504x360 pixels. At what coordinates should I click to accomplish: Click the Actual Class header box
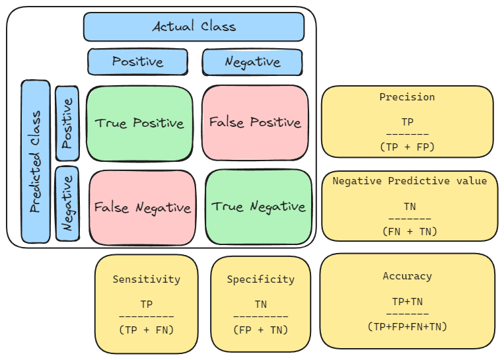coord(194,26)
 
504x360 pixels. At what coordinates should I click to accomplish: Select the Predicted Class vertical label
coord(36,162)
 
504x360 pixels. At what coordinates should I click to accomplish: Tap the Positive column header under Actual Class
coord(137,61)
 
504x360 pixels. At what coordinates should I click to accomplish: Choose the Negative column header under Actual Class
coord(252,62)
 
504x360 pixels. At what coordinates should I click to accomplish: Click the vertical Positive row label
coord(67,124)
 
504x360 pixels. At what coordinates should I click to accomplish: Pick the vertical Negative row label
coord(67,203)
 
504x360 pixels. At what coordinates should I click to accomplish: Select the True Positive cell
coord(140,124)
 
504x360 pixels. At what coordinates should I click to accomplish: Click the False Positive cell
coord(255,123)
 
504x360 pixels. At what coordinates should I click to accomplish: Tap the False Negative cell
coord(143,207)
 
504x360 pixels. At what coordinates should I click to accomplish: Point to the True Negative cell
coord(258,207)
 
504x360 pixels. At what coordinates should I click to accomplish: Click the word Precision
coord(407,97)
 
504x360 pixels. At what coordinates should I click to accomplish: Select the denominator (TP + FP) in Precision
coord(407,147)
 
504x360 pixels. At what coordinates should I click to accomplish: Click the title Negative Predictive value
coord(410,181)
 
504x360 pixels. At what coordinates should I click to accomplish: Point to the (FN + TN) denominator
coord(410,231)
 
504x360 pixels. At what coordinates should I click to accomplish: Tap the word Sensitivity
coord(146,279)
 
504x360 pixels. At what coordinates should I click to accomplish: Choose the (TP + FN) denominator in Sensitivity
coord(146,330)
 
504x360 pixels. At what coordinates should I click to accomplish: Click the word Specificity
coord(261,279)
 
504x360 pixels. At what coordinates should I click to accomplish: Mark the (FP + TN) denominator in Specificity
coord(261,330)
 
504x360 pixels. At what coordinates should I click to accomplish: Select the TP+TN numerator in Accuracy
coord(408,302)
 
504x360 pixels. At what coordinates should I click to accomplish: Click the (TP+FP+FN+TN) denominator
coord(408,326)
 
